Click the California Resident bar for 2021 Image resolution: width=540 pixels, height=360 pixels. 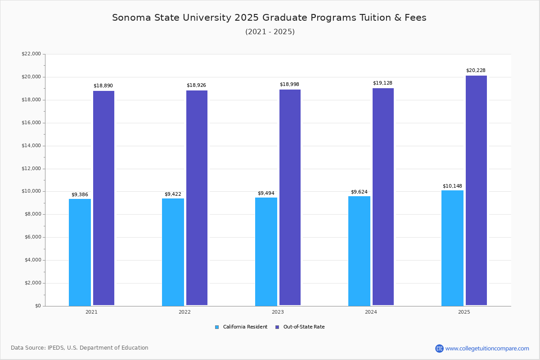tap(80, 252)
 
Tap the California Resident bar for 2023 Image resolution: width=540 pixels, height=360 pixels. tap(266, 252)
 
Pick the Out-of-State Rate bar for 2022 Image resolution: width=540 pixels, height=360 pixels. tap(197, 198)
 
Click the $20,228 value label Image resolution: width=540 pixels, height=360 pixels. tap(476, 71)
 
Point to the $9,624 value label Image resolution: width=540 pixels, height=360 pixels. tap(359, 192)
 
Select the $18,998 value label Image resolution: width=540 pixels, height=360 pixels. tap(289, 85)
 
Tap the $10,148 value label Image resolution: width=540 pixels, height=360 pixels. tap(452, 186)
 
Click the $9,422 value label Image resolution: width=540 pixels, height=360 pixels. tap(173, 194)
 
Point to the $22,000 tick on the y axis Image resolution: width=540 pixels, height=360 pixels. tap(31, 54)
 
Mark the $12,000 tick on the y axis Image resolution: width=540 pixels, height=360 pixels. tap(31, 169)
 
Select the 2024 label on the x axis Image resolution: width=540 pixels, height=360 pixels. tap(371, 312)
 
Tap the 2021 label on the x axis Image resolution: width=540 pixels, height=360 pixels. tap(91, 312)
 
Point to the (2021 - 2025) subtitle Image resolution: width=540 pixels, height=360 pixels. tap(270, 32)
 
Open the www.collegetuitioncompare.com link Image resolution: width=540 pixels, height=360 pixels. tap(487, 348)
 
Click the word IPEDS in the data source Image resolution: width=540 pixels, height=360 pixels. tap(56, 348)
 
